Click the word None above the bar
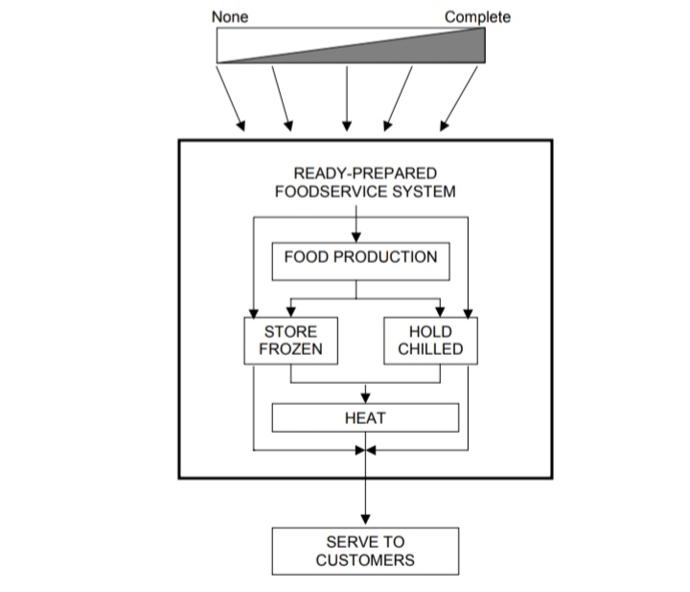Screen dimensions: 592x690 (229, 16)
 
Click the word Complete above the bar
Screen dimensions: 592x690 (477, 16)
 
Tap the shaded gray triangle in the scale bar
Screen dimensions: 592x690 (422, 48)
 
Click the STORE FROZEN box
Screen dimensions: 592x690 (290, 341)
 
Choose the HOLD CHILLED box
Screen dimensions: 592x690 (429, 341)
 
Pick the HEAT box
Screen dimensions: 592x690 (365, 417)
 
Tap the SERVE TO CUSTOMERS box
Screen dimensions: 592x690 (365, 551)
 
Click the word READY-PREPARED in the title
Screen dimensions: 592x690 (365, 174)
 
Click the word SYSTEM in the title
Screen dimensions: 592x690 (422, 191)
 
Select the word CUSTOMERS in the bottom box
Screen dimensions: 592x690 (365, 560)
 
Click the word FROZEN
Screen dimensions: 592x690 (290, 349)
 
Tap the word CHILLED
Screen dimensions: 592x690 (429, 349)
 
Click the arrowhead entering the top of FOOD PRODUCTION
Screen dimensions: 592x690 (356, 235)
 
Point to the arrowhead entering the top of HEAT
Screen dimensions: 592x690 (365, 396)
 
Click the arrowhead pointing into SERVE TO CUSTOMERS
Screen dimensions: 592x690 (365, 519)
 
